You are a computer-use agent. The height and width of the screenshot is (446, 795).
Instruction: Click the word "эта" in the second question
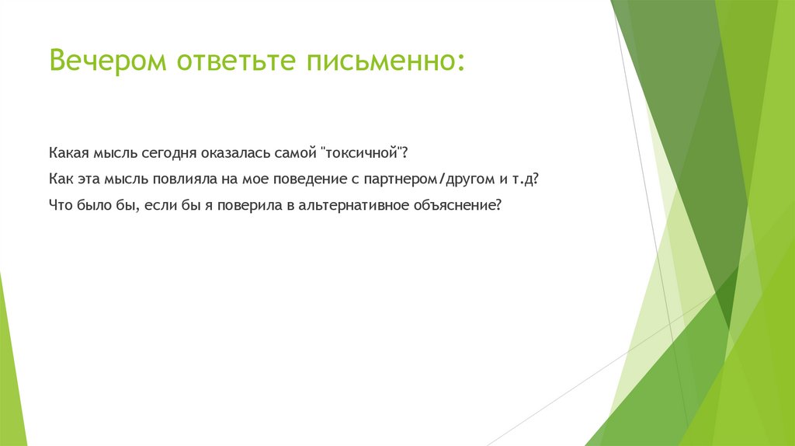[x=87, y=178]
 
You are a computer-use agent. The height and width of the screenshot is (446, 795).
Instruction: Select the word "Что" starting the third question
[x=60, y=206]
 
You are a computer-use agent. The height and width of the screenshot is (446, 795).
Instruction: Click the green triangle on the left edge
[x=11, y=373]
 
